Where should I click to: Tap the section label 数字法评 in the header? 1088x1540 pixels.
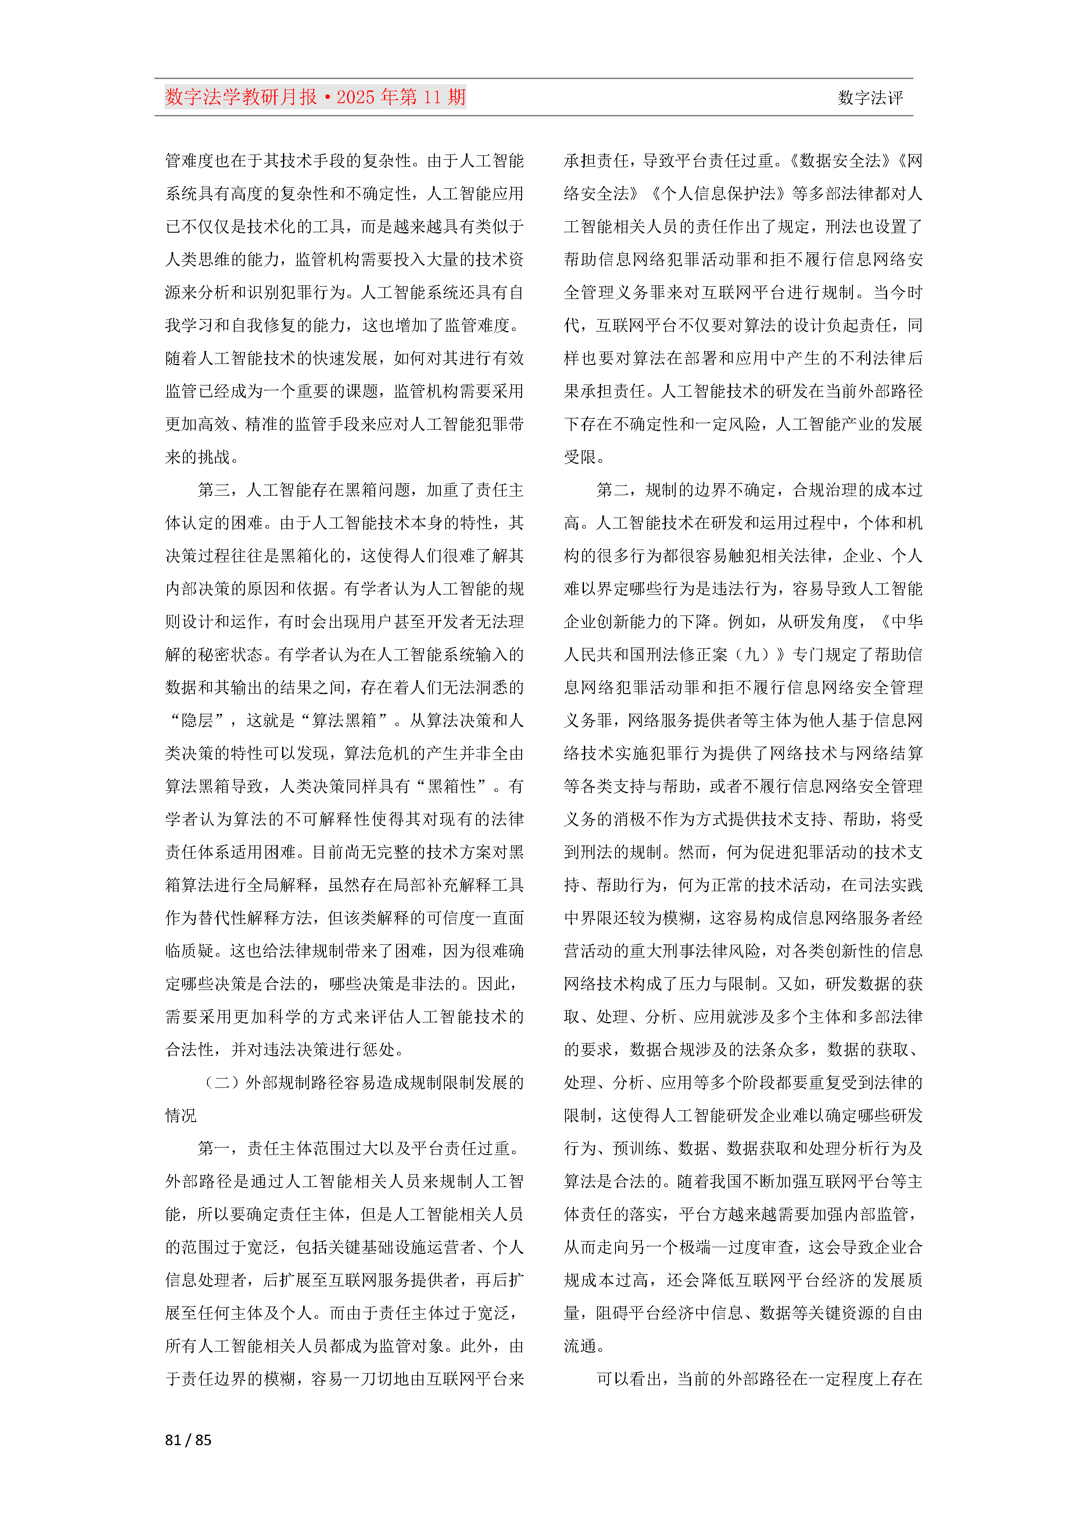click(870, 98)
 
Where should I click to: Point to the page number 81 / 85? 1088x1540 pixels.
click(188, 1439)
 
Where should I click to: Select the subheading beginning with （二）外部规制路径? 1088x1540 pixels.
click(362, 1082)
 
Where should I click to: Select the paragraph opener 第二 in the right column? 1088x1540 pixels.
click(612, 489)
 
